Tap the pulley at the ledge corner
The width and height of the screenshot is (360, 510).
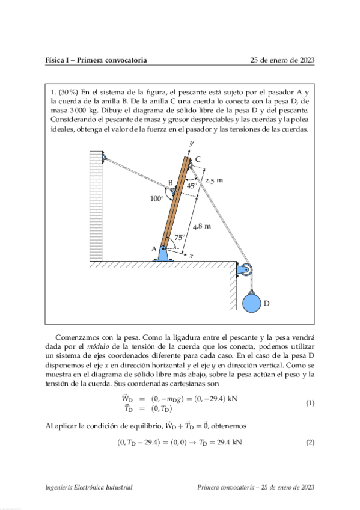pos(245,271)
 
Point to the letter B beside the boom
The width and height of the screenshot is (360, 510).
pos(170,182)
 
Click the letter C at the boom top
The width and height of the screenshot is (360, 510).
pos(198,158)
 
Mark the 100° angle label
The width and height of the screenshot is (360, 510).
pos(156,198)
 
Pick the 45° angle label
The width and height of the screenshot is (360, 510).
pos(192,186)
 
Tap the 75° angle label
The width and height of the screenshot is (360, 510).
pos(179,237)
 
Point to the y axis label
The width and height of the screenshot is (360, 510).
pos(191,143)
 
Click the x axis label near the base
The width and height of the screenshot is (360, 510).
pos(191,256)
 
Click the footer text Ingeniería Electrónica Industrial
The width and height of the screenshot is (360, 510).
pos(89,487)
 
